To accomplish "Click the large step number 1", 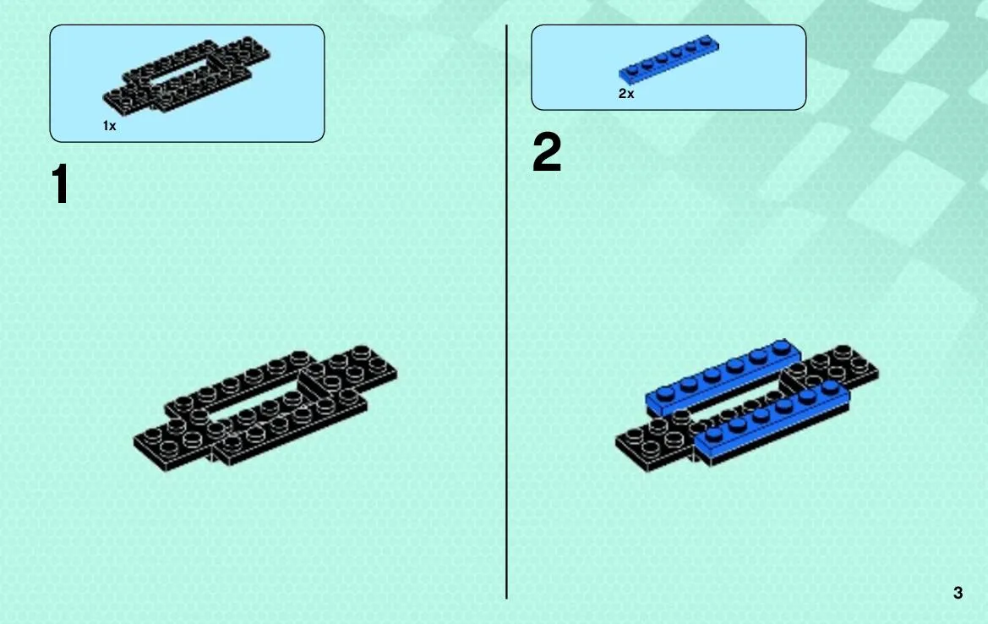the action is (61, 184).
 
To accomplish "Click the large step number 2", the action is (546, 152).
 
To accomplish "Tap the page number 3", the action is (958, 593).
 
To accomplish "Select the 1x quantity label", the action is (110, 126).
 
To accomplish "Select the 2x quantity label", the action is (626, 93).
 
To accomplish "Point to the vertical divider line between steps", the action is (506, 312).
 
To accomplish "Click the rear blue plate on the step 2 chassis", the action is (718, 377).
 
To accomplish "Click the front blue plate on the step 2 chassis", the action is (772, 421).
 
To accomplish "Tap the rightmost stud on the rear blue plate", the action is (781, 347).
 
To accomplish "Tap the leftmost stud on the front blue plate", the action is (713, 435).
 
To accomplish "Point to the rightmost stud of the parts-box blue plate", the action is (707, 41).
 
